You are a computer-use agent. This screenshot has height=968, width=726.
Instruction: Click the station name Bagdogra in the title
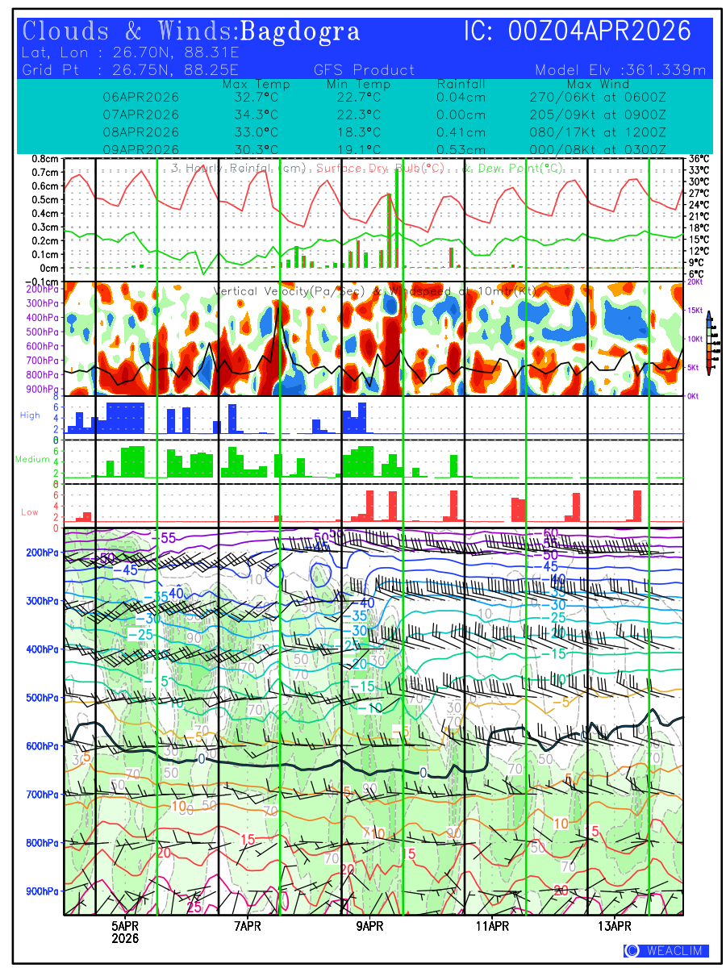(x=300, y=32)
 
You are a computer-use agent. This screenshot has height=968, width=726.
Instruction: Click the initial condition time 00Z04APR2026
(x=600, y=32)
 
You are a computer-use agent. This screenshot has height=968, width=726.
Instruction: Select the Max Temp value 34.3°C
(x=250, y=115)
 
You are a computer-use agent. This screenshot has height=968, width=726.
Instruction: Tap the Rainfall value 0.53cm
(x=461, y=150)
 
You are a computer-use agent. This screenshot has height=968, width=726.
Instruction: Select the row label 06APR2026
(x=141, y=97)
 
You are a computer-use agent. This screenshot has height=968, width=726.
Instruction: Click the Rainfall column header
(x=461, y=84)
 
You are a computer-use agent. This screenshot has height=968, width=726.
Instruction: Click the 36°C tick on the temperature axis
(x=699, y=159)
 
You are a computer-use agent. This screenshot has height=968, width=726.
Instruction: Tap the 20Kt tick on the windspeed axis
(x=695, y=282)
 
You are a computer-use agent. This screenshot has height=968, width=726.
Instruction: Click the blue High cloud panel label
(x=30, y=415)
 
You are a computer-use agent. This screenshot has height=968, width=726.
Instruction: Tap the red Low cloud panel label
(x=30, y=512)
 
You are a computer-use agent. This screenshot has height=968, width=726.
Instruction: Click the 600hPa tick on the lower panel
(x=40, y=746)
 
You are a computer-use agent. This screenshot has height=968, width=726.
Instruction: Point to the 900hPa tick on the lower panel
(x=40, y=891)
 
